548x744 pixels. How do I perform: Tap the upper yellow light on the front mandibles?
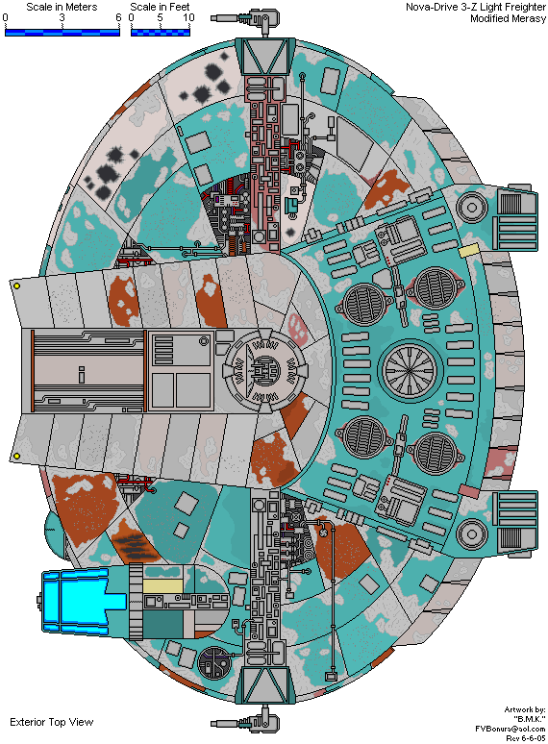(x=17, y=286)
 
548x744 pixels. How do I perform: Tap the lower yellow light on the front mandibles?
(x=17, y=456)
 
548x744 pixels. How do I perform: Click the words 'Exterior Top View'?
(x=52, y=722)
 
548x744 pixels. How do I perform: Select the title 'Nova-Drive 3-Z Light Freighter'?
(x=475, y=7)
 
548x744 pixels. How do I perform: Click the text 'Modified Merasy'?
(x=509, y=18)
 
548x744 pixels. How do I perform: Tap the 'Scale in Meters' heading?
(x=62, y=7)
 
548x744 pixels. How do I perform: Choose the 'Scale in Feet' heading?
(x=160, y=7)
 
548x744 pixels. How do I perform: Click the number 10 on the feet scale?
(x=188, y=17)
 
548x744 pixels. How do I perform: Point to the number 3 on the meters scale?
(x=62, y=17)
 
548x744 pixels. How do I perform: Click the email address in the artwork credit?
(x=511, y=729)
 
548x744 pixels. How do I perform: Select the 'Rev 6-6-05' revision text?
(x=526, y=738)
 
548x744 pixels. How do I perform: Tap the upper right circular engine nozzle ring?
(x=472, y=207)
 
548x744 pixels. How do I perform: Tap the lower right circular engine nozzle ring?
(x=472, y=533)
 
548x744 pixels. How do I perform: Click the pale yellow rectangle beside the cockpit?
(x=162, y=585)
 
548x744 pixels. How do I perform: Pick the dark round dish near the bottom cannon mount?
(x=214, y=663)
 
